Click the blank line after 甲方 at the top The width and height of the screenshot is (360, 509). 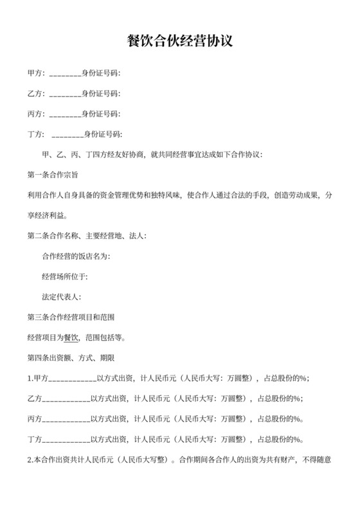click(64, 73)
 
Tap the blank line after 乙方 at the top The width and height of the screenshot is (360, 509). click(64, 94)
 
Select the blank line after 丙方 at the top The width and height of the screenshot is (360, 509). click(64, 114)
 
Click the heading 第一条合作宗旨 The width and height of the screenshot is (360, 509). click(53, 175)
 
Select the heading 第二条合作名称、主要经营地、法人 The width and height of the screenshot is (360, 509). click(87, 236)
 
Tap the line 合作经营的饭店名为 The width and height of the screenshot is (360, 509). click(75, 256)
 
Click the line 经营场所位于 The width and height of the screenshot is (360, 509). click(64, 277)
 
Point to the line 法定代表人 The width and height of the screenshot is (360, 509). click(61, 298)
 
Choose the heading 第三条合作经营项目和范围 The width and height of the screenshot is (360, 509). click(71, 317)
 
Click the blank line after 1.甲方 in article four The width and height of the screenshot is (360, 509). click(72, 379)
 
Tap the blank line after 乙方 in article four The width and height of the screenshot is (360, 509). click(66, 399)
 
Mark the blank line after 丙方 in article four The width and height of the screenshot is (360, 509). click(66, 420)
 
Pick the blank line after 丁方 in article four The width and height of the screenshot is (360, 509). click(66, 440)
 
